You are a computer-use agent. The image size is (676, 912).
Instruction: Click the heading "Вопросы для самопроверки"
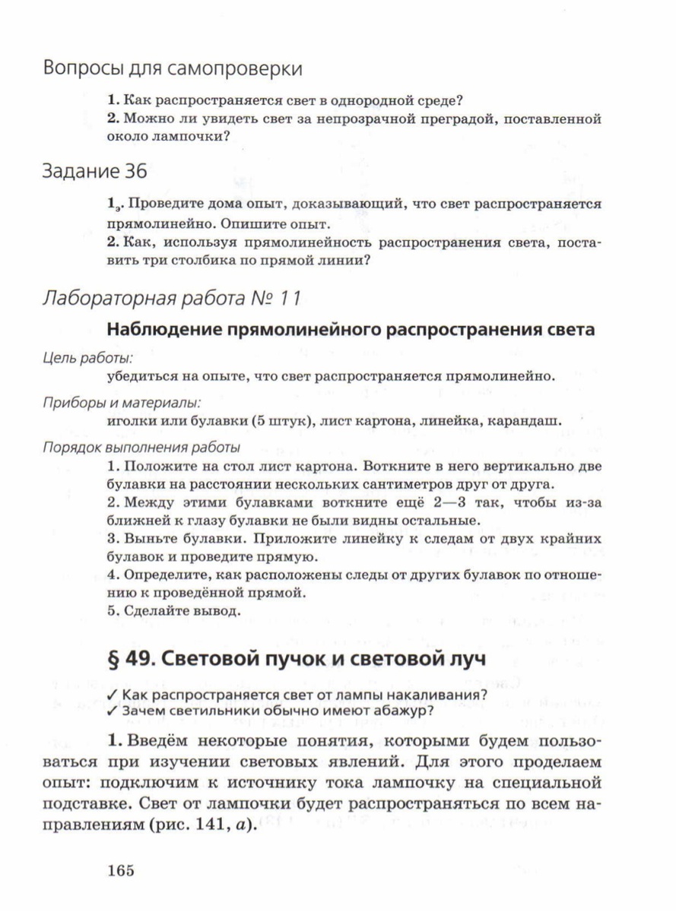pyautogui.click(x=172, y=68)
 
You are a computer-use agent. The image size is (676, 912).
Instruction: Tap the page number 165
pyautogui.click(x=120, y=869)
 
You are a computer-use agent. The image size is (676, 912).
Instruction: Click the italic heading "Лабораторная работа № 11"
pyautogui.click(x=172, y=298)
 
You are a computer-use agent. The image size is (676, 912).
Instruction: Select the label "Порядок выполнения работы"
pyautogui.click(x=141, y=447)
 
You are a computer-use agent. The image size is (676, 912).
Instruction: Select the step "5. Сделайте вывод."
pyautogui.click(x=174, y=610)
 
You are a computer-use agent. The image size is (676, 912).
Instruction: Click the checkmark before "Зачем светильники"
pyautogui.click(x=112, y=711)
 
